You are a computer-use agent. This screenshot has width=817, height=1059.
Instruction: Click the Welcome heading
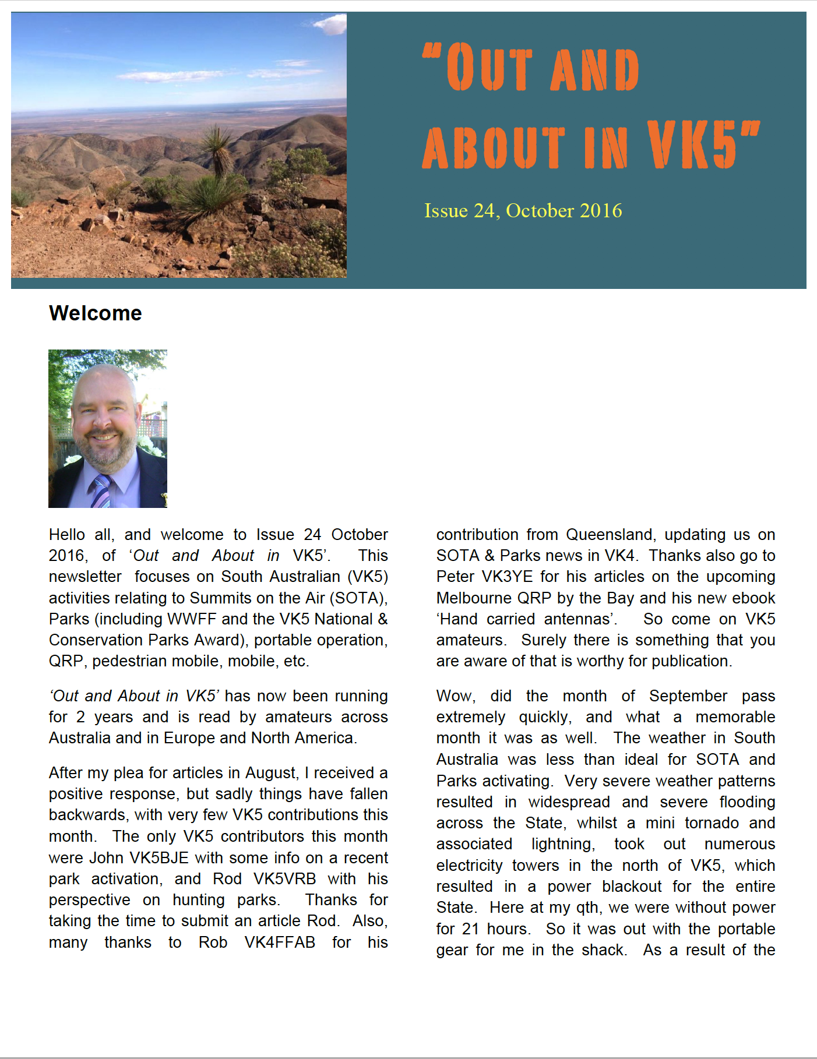point(96,313)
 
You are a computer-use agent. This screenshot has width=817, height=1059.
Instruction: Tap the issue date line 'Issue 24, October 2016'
point(523,211)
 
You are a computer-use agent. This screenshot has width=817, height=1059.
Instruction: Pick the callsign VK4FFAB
point(280,942)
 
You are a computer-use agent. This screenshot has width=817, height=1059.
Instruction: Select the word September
point(688,696)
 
